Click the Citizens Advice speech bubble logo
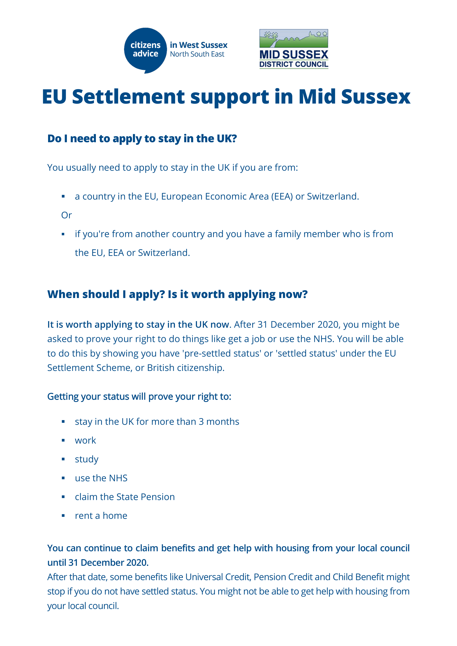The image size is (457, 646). click(x=145, y=50)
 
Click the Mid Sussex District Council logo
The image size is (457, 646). click(x=293, y=49)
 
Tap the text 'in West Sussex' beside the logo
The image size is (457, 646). click(x=198, y=45)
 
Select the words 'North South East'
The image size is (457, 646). click(x=197, y=54)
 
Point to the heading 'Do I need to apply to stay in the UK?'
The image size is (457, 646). click(x=142, y=139)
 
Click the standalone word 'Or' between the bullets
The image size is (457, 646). click(x=66, y=215)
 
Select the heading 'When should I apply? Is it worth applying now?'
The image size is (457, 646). click(x=177, y=294)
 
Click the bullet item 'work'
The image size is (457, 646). click(x=85, y=441)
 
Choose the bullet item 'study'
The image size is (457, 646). click(x=86, y=460)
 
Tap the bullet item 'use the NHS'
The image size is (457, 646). click(x=101, y=478)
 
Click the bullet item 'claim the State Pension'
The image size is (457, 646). click(x=125, y=497)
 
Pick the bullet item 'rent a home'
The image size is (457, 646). click(x=101, y=516)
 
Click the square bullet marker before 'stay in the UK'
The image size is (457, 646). click(x=63, y=422)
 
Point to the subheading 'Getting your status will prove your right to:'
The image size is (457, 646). click(x=139, y=397)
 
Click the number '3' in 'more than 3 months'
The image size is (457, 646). click(x=201, y=422)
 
